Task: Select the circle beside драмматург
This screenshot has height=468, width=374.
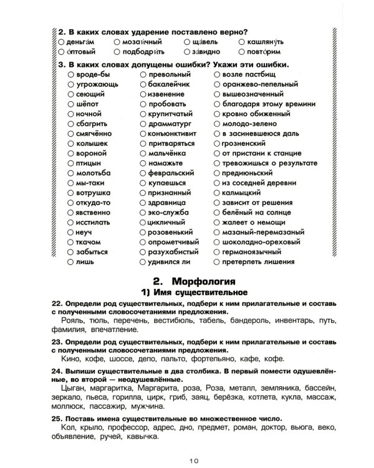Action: point(143,124)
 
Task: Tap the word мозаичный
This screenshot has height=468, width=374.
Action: point(141,41)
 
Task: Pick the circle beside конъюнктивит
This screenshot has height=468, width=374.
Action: point(143,134)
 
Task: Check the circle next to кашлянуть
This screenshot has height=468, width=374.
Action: point(242,41)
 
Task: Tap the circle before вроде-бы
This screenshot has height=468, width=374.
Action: point(70,74)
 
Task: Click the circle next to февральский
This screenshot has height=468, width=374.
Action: point(143,173)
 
